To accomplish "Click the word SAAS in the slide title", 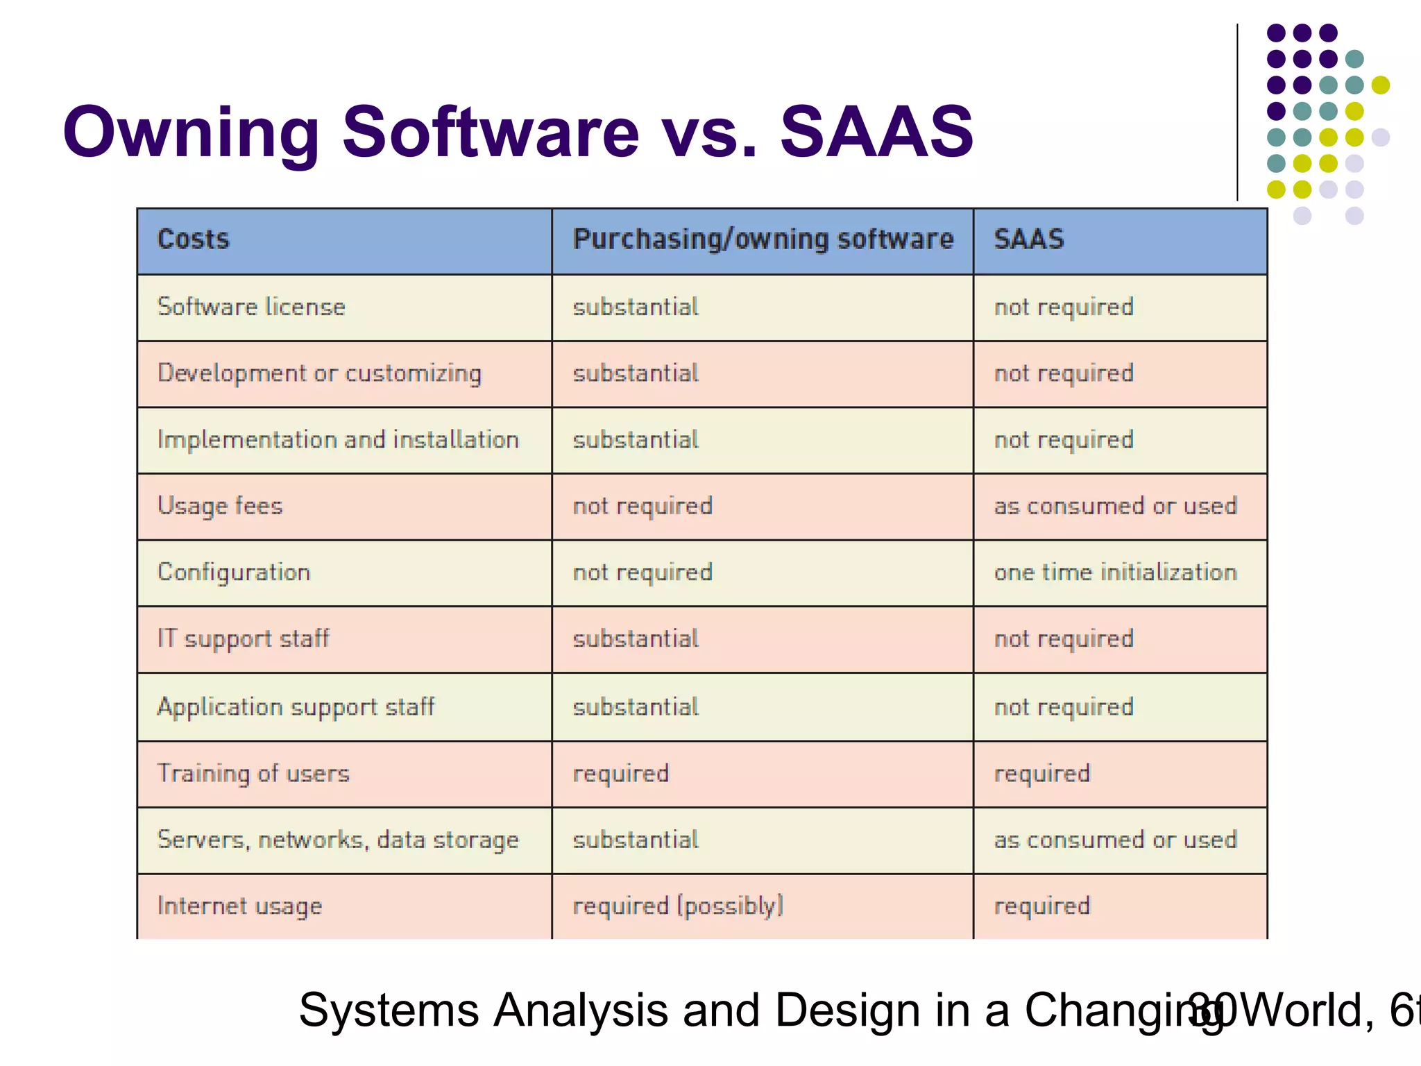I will coord(876,132).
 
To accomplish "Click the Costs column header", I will coord(193,239).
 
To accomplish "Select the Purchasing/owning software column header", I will coord(763,239).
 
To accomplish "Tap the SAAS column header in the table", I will coord(1028,239).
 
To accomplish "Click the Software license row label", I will coord(251,307).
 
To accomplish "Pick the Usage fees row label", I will coord(220,506).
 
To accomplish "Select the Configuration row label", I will coord(234,573).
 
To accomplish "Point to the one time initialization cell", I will coord(1115,573).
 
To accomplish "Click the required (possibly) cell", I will coord(678,906).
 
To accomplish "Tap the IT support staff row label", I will coord(244,638).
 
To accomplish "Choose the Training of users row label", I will coord(253,773).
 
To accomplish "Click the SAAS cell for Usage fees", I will coord(1115,506).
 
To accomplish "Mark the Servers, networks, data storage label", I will coord(338,840).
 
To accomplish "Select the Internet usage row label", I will coord(239,906).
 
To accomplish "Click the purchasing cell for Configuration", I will coord(643,573).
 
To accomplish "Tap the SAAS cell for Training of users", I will coord(1041,773).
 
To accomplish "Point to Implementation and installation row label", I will coord(338,440).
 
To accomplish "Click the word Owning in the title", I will coord(191,132).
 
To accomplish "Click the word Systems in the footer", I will coord(389,1010).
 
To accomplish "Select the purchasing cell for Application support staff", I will coord(636,707).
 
